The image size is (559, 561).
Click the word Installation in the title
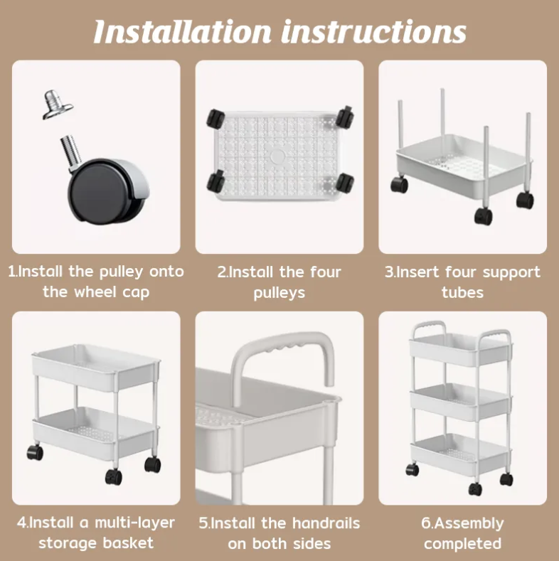pyautogui.click(x=183, y=31)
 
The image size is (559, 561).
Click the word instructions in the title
pyautogui.click(x=373, y=31)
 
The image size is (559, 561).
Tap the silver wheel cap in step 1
pyautogui.click(x=58, y=104)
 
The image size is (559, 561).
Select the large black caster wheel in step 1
pyautogui.click(x=107, y=190)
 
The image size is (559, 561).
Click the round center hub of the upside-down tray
pyautogui.click(x=277, y=156)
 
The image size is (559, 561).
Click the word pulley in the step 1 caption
pyautogui.click(x=121, y=272)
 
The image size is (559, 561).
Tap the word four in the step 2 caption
pyautogui.click(x=325, y=272)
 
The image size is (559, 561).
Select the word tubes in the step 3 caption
pyautogui.click(x=462, y=292)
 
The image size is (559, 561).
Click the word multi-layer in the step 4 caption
pyautogui.click(x=134, y=523)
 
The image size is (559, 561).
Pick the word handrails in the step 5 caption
pyautogui.click(x=326, y=523)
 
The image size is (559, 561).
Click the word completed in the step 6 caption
pyautogui.click(x=462, y=544)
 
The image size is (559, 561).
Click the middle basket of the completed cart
pyautogui.click(x=461, y=402)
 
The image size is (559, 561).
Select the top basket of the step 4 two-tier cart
pyautogui.click(x=96, y=367)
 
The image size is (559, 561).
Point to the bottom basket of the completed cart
pyautogui.click(x=461, y=454)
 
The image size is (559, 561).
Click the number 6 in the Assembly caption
pyautogui.click(x=425, y=523)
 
